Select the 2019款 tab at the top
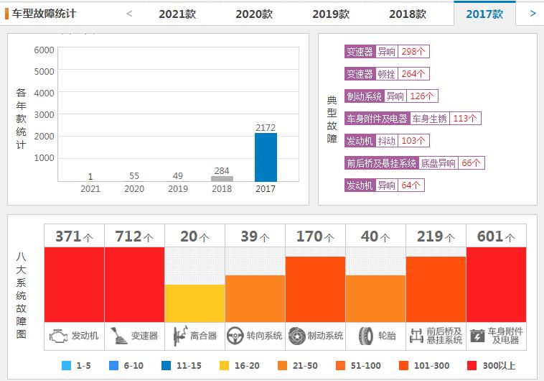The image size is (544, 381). tap(331, 14)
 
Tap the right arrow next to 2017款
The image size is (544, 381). tap(533, 13)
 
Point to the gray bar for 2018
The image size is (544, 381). tap(222, 178)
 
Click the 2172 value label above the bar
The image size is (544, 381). tap(266, 127)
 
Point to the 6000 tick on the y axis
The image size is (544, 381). tap(44, 50)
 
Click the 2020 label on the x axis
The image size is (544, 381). tap(134, 188)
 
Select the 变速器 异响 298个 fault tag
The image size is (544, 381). tap(387, 52)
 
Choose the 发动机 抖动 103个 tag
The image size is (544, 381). tap(387, 141)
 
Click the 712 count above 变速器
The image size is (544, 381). tap(134, 236)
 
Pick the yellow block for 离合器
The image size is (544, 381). tap(194, 303)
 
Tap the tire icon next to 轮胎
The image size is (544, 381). tap(366, 335)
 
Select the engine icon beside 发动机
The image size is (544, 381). tap(58, 335)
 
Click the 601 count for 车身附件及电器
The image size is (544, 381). tap(496, 236)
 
